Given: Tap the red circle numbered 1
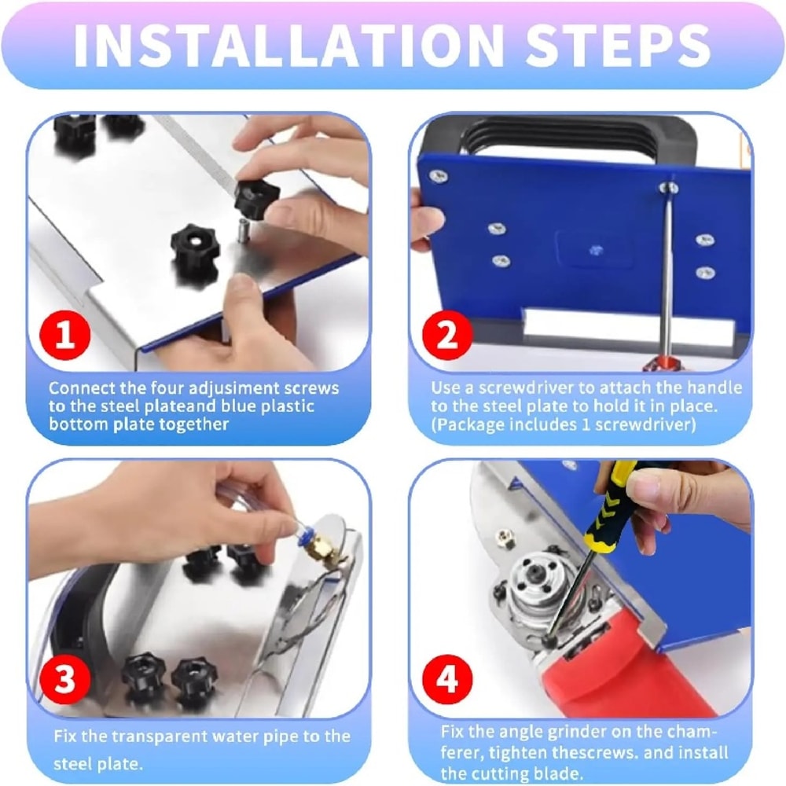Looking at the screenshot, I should [x=66, y=335].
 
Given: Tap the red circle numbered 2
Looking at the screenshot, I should [x=446, y=335].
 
